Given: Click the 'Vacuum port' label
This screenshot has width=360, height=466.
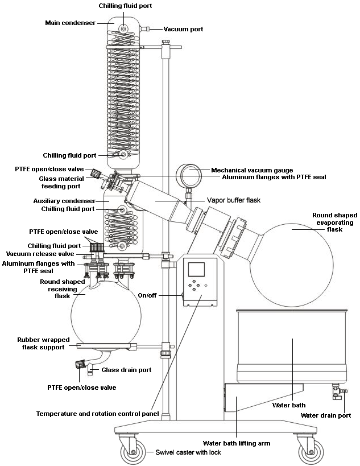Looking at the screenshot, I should click(x=183, y=29).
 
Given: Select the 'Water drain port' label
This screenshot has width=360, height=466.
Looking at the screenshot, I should click(x=326, y=415).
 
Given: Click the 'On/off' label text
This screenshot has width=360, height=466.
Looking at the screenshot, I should click(x=147, y=295).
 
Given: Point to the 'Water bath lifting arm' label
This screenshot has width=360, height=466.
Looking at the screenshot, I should click(x=237, y=443).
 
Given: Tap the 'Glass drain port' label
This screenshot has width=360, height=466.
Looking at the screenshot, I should click(x=126, y=370).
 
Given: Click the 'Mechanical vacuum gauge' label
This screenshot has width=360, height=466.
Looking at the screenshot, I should click(x=252, y=170).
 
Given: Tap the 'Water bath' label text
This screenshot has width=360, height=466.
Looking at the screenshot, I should click(x=289, y=405).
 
